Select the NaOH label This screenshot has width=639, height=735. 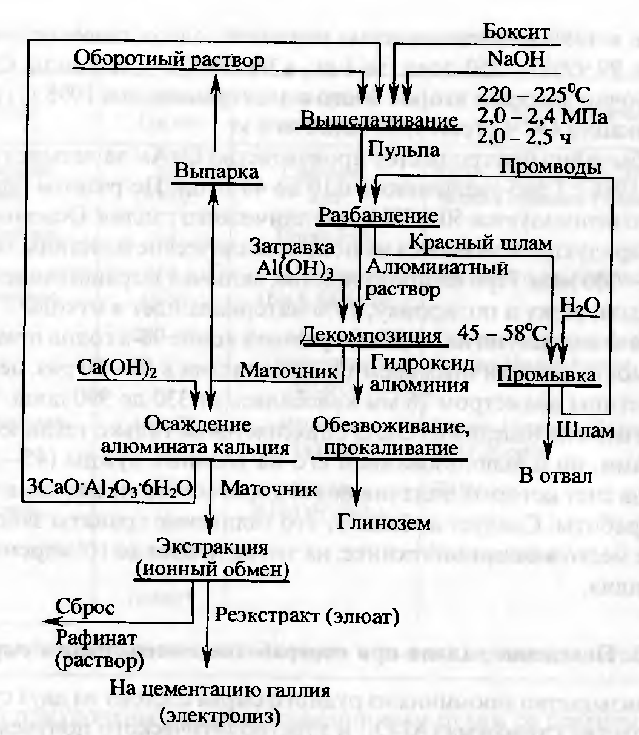click(516, 59)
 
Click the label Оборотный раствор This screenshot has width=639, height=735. click(169, 59)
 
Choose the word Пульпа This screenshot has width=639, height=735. click(405, 149)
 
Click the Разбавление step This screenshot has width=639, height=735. click(379, 215)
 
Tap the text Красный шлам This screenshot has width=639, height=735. click(480, 243)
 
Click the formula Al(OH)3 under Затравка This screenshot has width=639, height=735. click(294, 267)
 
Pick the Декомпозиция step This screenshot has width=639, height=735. click(372, 335)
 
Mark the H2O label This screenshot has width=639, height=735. click(580, 307)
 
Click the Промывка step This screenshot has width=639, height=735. click(546, 376)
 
